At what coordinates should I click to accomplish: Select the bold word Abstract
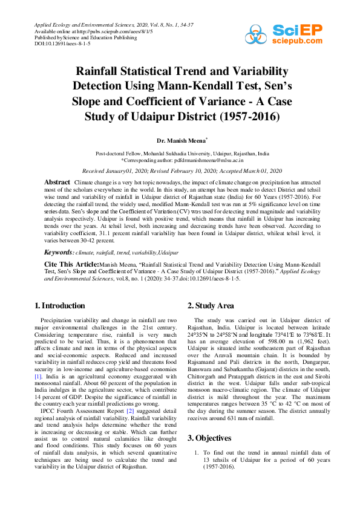point(57,182)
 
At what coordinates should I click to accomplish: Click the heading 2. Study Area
point(211,305)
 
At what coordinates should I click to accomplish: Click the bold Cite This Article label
point(72,264)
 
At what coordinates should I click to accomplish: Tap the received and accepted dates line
point(179,172)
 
